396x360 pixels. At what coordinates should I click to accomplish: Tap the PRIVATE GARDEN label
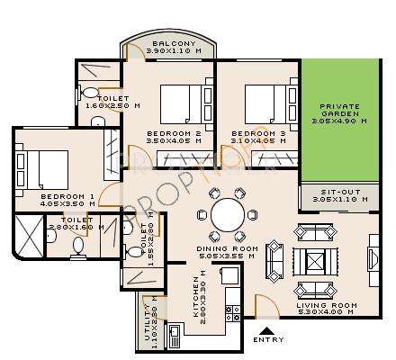click(340, 110)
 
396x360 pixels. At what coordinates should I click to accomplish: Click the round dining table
click(227, 216)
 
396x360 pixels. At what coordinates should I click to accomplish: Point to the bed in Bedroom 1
click(43, 167)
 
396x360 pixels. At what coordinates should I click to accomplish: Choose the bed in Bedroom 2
click(184, 102)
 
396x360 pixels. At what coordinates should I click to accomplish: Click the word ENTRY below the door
click(268, 339)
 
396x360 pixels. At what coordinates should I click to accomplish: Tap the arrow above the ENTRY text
click(268, 328)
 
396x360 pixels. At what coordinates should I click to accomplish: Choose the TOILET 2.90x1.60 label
click(70, 223)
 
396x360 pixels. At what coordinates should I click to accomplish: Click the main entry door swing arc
click(265, 304)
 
